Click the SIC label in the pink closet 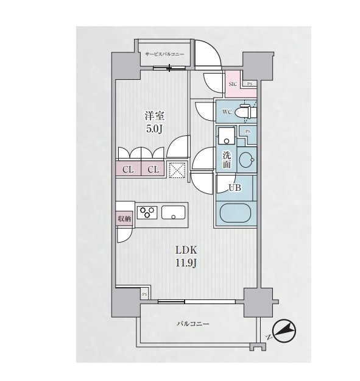pos(233,84)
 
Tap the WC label pos(227,112)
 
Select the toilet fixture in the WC pos(248,112)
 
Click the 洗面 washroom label pos(227,160)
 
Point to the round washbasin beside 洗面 pos(247,160)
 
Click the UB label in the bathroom pos(235,187)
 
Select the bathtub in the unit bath pos(235,213)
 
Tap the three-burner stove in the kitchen pos(147,212)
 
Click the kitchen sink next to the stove pos(174,212)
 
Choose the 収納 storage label pos(124,218)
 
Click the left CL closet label pos(128,169)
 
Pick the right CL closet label pos(153,169)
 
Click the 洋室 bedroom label pos(155,116)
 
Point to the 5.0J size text pos(154,129)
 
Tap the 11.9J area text pos(186,263)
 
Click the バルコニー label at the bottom pos(192,324)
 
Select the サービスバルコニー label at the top pos(164,54)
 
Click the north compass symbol pos(284,330)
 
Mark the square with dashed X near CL pos(177,170)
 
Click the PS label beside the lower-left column pos(145,294)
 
